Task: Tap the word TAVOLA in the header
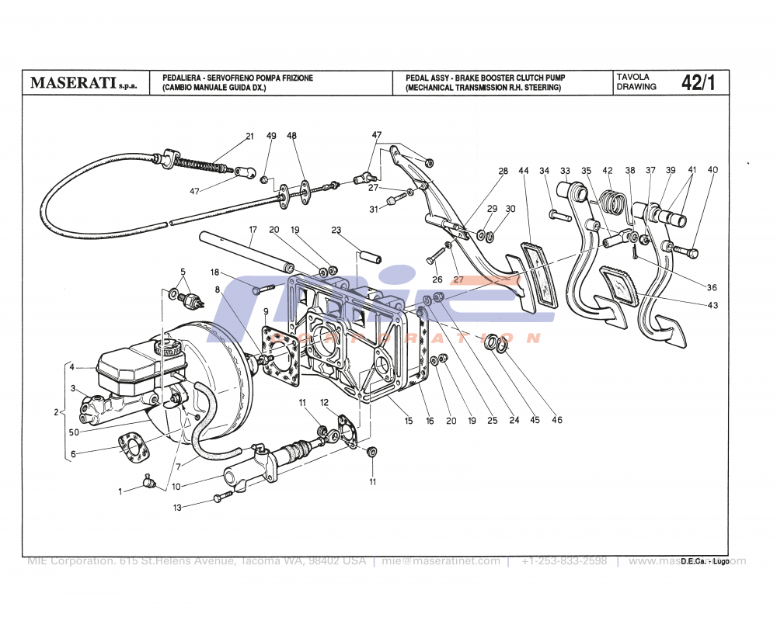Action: click(x=633, y=77)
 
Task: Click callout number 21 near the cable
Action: click(x=249, y=137)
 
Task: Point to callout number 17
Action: click(x=253, y=230)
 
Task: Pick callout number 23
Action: click(x=336, y=230)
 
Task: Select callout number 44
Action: click(x=524, y=171)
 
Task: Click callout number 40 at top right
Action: click(x=713, y=170)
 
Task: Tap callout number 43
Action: click(x=713, y=305)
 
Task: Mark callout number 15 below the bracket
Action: click(x=408, y=421)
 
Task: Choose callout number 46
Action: click(x=557, y=421)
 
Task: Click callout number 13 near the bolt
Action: click(x=177, y=508)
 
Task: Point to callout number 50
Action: click(x=74, y=432)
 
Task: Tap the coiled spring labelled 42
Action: click(x=614, y=204)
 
